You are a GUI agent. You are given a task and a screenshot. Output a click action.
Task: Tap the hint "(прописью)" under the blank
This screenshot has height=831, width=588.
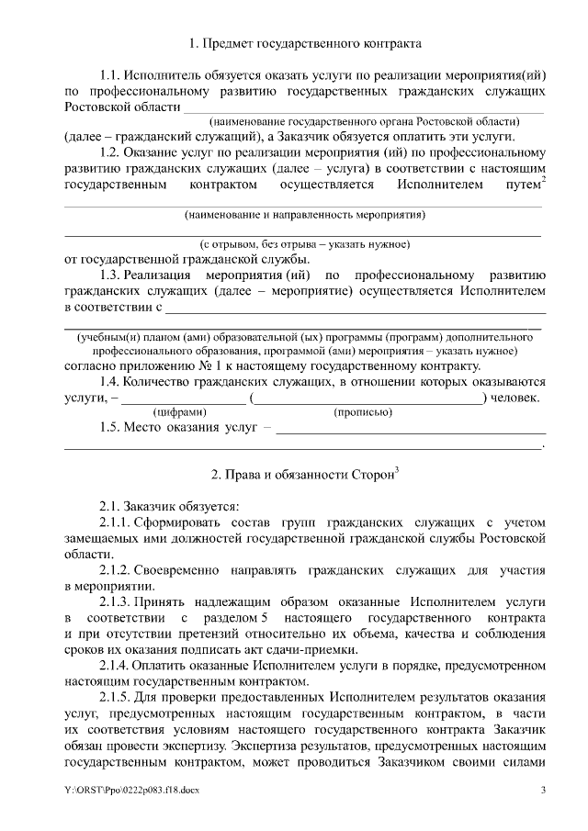363,412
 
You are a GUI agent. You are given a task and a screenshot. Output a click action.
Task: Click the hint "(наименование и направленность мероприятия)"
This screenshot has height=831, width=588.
304,215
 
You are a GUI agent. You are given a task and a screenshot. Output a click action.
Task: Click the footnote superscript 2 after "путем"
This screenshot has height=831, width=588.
544,179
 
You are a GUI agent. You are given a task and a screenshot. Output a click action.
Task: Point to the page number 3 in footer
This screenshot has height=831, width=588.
543,791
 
